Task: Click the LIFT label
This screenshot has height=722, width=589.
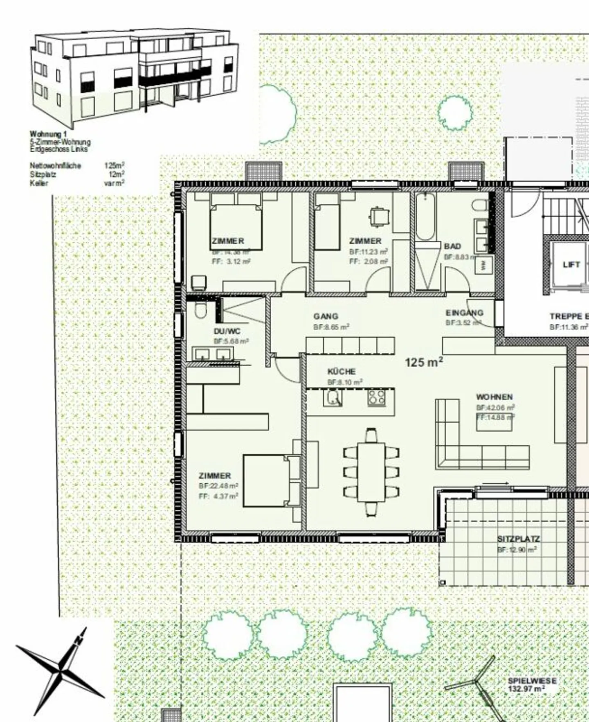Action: point(571,265)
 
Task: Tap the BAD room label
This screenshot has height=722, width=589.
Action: point(452,246)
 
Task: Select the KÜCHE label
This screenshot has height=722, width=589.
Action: point(342,372)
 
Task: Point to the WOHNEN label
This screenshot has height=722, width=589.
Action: point(494,397)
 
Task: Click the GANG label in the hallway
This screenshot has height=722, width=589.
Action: point(326,316)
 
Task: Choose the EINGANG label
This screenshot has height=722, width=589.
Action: point(464,313)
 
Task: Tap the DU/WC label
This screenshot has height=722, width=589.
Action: point(227,331)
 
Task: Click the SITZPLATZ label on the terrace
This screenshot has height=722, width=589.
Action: point(518,539)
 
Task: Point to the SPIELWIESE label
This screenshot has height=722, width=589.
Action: point(532,681)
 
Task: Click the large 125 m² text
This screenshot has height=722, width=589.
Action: point(424,362)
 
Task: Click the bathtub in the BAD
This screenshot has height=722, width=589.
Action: point(425,217)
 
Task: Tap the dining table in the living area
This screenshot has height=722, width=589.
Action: point(371,472)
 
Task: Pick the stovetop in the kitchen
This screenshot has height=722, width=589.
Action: point(376,397)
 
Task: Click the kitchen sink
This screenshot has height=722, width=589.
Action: point(333,397)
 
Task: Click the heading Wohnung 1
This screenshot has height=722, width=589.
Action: point(48,134)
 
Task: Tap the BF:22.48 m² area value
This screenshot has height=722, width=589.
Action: point(218,486)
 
